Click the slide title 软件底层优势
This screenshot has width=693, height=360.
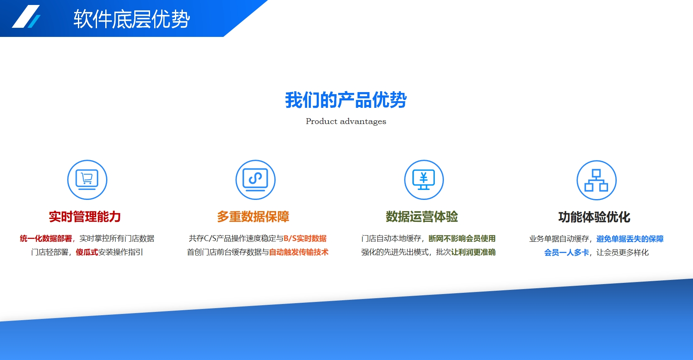131,19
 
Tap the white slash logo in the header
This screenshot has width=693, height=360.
26,17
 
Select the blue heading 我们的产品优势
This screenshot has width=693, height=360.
346,100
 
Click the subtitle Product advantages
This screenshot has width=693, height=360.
346,122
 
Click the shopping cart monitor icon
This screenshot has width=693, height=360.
87,180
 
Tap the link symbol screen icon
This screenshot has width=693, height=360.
256,180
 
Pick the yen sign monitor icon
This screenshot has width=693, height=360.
424,180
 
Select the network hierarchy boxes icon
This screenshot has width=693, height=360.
596,180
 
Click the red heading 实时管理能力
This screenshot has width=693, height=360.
85,216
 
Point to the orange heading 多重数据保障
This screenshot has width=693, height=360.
253,216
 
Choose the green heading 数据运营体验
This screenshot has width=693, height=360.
422,216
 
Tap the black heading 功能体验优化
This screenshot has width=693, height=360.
594,217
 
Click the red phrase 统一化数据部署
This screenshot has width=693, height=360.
46,238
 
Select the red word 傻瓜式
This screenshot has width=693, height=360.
87,252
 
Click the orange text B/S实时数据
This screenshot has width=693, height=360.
305,238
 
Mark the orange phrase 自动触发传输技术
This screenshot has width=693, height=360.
298,252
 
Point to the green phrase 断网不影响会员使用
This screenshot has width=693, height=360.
462,238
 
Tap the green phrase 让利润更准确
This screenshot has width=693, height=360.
473,252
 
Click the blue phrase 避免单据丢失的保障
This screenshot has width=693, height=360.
630,238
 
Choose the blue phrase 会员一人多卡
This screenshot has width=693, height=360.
567,253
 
